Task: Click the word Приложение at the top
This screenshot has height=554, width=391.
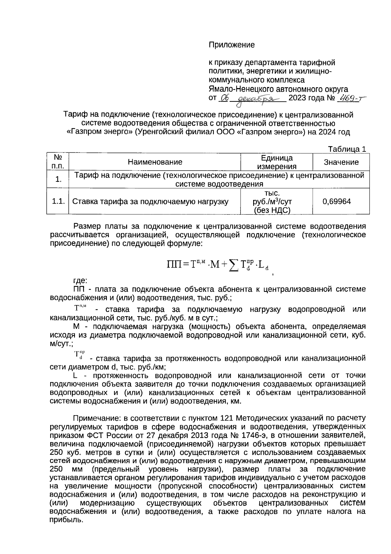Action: click(231, 45)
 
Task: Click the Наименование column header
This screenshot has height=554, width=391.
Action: click(155, 162)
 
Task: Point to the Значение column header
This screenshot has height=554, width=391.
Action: click(341, 162)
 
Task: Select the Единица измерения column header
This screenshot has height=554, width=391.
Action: click(277, 162)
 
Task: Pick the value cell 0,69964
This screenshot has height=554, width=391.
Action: click(337, 201)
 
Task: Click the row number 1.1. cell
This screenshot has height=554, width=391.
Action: click(58, 201)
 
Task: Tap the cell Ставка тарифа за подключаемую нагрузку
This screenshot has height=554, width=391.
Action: click(150, 202)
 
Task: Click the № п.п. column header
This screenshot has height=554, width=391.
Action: click(58, 162)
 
